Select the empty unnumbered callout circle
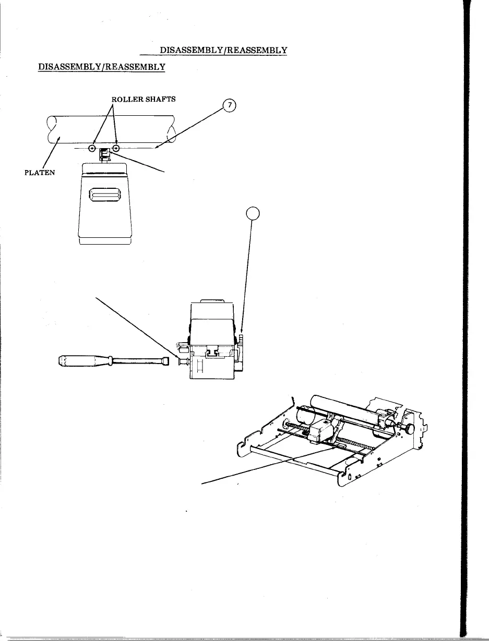[x=252, y=214]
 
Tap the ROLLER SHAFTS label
[x=139, y=100]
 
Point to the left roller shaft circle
[x=92, y=148]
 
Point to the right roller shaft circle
[x=116, y=148]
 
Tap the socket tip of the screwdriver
[x=165, y=361]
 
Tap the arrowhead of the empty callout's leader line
[x=242, y=332]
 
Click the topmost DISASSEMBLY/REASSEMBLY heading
[x=224, y=50]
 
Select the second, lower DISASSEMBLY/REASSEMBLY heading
[x=102, y=67]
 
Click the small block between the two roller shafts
[x=104, y=153]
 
